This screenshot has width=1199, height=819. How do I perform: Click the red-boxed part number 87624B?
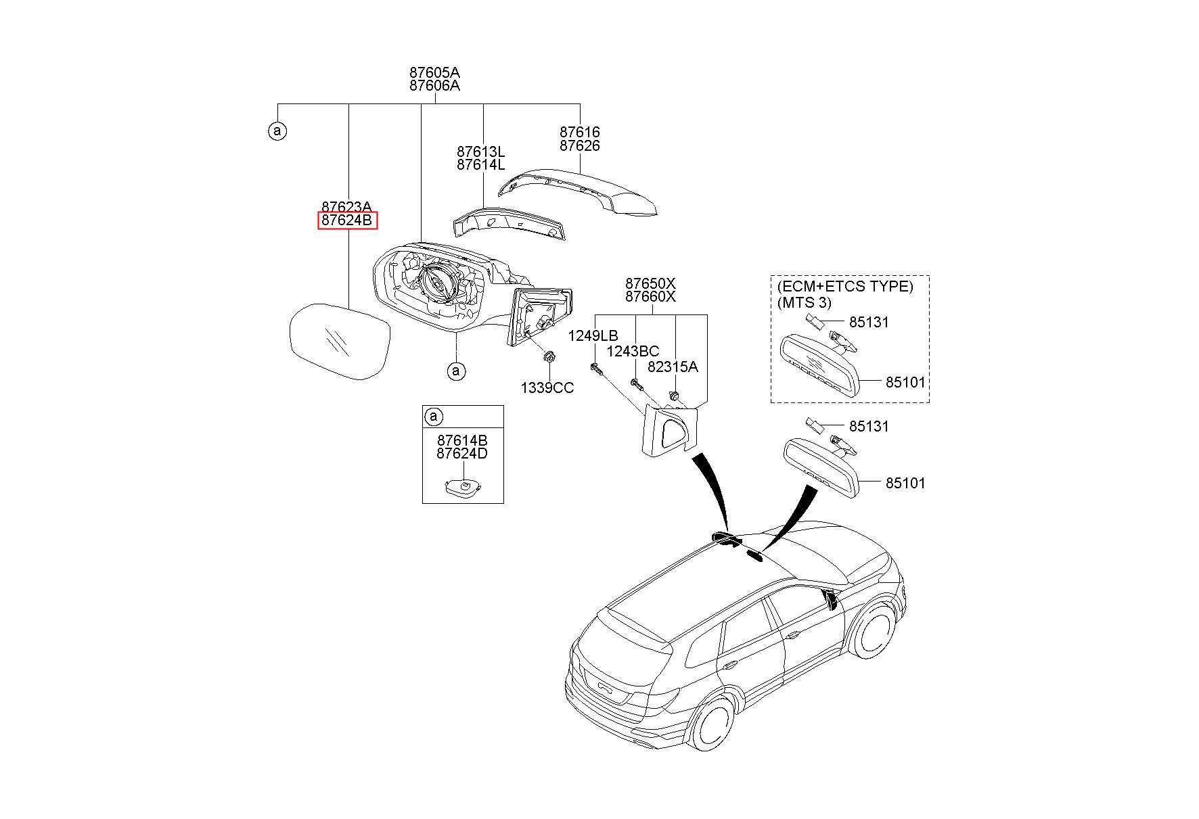tap(347, 220)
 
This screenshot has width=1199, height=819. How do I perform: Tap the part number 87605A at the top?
tap(434, 72)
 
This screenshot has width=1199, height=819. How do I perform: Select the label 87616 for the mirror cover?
tap(580, 132)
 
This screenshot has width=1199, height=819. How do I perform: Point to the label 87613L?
tap(480, 151)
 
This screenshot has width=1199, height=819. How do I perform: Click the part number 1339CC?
tap(547, 388)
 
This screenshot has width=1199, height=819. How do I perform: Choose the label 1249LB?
tap(593, 335)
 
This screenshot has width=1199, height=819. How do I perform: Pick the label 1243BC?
tap(633, 351)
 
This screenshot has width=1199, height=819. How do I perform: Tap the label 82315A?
tap(673, 367)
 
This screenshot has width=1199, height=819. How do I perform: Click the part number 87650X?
tap(650, 283)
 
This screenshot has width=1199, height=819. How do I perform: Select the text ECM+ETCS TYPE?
tap(845, 286)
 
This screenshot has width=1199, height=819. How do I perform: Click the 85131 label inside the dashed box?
tap(869, 322)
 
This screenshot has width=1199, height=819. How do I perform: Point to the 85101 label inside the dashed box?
tap(905, 382)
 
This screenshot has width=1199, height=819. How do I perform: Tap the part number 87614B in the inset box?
tap(462, 440)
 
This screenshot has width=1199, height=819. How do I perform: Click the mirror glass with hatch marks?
tap(340, 342)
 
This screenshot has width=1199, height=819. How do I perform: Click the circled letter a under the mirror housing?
tap(456, 371)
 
